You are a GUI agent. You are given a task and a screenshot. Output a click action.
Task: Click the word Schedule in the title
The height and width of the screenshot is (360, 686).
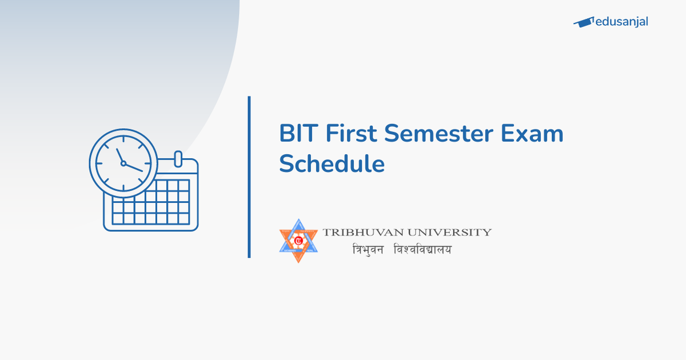click(x=332, y=165)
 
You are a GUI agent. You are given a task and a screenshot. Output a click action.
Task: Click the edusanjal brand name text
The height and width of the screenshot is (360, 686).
click(x=621, y=22)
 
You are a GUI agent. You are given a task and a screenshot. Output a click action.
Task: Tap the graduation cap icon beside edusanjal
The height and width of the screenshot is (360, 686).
click(x=583, y=22)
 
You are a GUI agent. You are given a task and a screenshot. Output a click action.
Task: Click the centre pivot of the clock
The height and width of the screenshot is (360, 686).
click(x=123, y=163)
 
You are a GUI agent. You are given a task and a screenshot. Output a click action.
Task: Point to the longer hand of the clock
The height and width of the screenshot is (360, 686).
click(x=133, y=167)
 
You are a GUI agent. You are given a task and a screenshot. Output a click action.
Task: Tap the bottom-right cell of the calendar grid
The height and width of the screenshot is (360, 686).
click(x=183, y=218)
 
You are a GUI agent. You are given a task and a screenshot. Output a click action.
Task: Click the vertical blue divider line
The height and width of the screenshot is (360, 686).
click(x=249, y=177)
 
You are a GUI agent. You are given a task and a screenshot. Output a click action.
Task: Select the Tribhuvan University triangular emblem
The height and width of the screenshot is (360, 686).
click(x=298, y=241)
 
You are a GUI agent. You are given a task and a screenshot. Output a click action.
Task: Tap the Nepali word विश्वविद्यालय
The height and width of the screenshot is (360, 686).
click(x=422, y=250)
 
